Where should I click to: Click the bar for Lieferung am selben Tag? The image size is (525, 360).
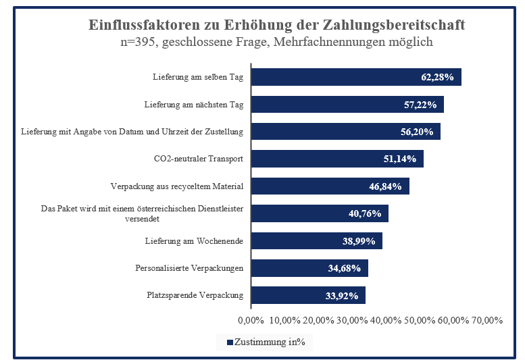(x=356, y=77)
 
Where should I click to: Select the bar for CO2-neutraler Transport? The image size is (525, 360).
(x=337, y=159)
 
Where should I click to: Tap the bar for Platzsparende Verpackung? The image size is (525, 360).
(x=308, y=295)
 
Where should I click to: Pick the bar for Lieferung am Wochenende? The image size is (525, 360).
(x=316, y=240)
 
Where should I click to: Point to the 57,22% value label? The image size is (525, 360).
(x=420, y=105)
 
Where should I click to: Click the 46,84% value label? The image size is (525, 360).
(x=385, y=186)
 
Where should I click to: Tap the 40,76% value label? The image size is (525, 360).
(x=365, y=213)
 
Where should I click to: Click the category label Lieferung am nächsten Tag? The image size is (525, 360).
(x=194, y=105)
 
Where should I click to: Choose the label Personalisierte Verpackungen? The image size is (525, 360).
(x=189, y=268)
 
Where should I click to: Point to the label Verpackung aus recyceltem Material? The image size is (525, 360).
(x=176, y=186)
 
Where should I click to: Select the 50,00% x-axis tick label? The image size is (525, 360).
(x=420, y=320)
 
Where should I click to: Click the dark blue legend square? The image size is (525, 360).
(x=230, y=342)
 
